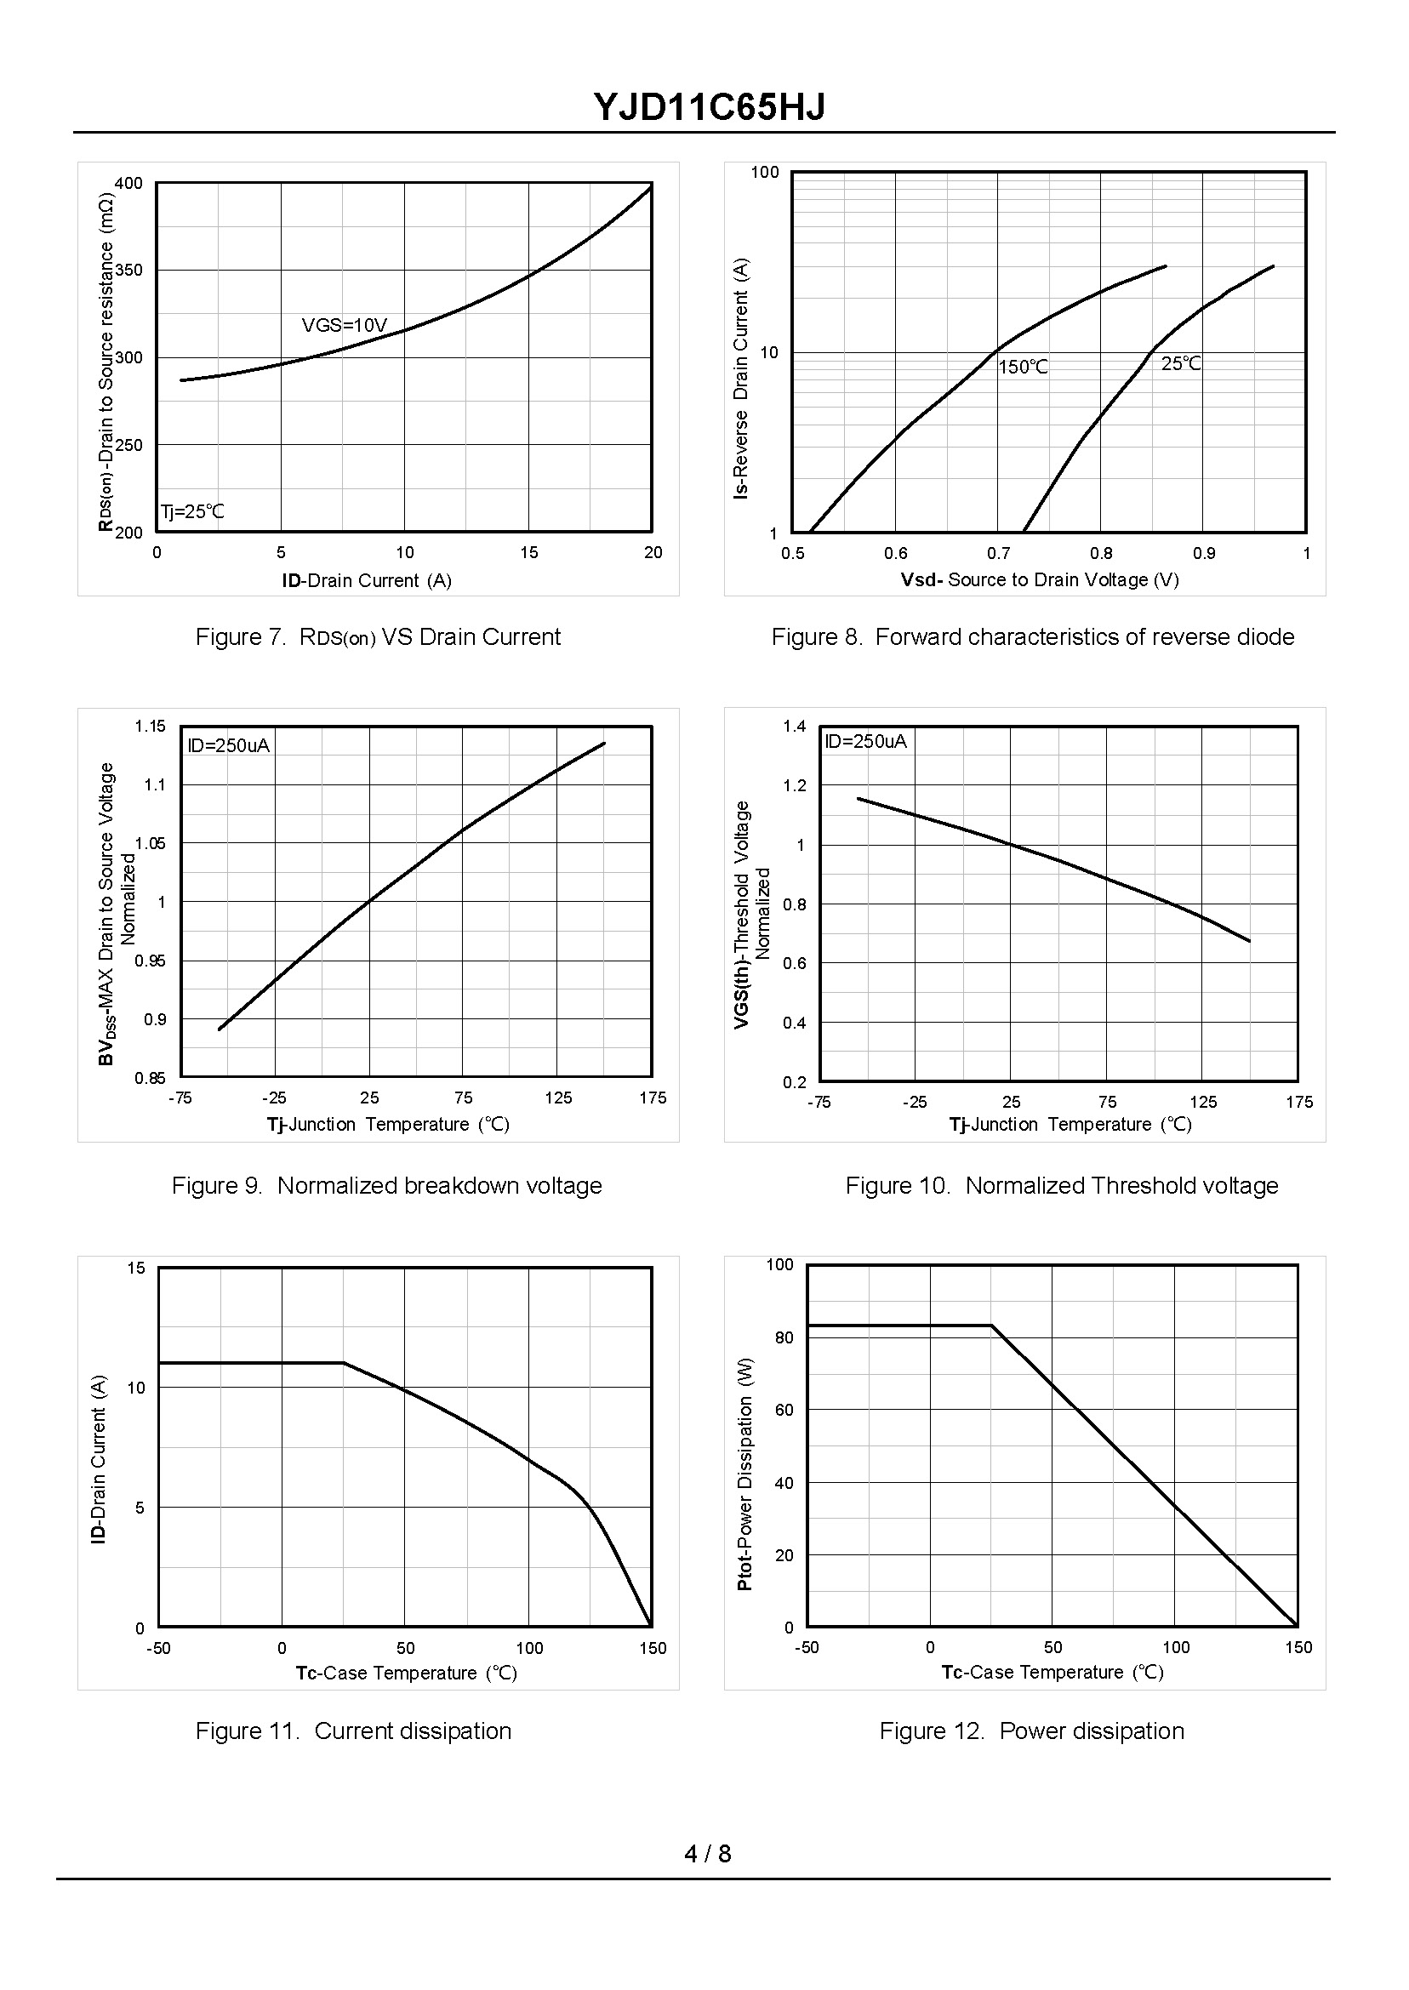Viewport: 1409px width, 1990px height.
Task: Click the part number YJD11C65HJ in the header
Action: (709, 107)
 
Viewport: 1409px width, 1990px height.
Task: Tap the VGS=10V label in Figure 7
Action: (345, 325)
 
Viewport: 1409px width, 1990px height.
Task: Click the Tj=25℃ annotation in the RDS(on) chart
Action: (191, 512)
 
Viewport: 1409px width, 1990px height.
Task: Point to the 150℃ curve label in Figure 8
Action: (1023, 368)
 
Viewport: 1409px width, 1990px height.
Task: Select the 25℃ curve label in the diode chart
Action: (1181, 364)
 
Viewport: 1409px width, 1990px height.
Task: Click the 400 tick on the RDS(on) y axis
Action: (128, 184)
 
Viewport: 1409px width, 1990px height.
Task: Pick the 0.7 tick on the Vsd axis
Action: (998, 554)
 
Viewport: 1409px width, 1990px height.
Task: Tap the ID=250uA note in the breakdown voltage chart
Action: (228, 746)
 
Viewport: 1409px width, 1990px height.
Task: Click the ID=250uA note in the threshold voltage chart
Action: (865, 742)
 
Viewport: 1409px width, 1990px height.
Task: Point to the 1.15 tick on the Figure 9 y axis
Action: (149, 726)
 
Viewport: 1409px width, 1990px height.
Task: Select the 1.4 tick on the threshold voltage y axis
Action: (795, 726)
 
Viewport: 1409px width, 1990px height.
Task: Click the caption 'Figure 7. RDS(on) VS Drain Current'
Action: (378, 637)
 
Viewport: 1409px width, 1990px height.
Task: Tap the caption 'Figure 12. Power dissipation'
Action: (1031, 1731)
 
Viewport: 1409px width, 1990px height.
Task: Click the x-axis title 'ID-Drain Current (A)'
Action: (366, 580)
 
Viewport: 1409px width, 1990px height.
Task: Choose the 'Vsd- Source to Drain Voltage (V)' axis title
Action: (1040, 579)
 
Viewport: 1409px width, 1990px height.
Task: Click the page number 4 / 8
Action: (707, 1854)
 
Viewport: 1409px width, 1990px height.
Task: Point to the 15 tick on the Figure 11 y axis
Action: (136, 1269)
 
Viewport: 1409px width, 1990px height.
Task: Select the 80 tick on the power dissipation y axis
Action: (784, 1337)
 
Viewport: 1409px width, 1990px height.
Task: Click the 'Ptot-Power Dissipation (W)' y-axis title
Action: (744, 1474)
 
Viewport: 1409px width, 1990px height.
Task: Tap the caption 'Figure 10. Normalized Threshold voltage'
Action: (1062, 1186)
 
